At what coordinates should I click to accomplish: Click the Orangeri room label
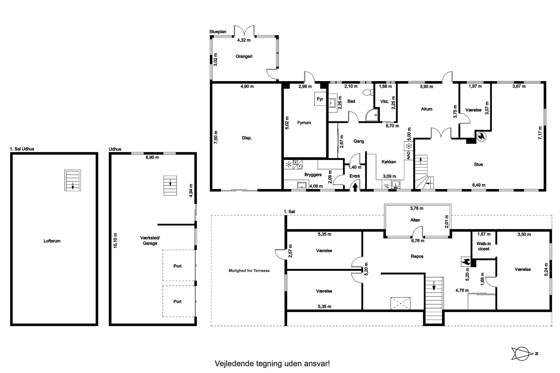tap(244, 56)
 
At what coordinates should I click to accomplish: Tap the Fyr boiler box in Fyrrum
tap(320, 99)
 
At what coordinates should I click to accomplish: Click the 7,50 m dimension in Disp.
tap(216, 137)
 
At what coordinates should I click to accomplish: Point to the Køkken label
tap(389, 162)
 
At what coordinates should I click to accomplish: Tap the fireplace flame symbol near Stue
tap(481, 137)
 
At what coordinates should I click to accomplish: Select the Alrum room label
tap(426, 109)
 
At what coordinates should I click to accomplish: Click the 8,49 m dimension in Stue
tap(479, 185)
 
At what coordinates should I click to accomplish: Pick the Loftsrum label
tap(52, 241)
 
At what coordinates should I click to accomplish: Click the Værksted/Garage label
tap(150, 240)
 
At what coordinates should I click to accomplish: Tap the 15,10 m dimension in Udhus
tap(115, 240)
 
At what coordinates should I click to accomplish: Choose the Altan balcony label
tap(415, 220)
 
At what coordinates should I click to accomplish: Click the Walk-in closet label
tap(484, 246)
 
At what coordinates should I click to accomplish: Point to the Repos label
tap(417, 257)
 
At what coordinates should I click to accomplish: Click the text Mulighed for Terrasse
tap(249, 271)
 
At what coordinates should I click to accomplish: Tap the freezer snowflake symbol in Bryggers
tap(288, 165)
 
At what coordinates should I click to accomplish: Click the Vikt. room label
tap(384, 101)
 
